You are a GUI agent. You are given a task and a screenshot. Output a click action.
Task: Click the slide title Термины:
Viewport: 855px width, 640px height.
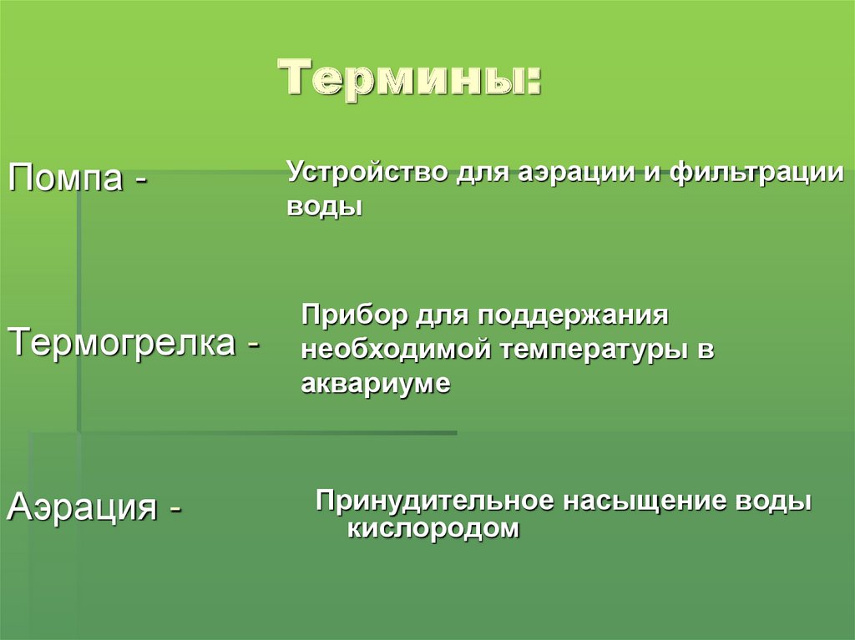(410, 79)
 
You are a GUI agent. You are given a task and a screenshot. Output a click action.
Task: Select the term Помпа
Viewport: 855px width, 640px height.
(63, 177)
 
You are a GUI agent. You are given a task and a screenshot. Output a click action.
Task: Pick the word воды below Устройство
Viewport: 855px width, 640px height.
(324, 206)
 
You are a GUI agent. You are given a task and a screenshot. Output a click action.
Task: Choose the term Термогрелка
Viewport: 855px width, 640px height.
(120, 342)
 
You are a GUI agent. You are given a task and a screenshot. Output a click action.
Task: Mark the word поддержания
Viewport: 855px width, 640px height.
(574, 316)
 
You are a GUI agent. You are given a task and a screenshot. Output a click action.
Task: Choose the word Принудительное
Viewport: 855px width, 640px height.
(433, 501)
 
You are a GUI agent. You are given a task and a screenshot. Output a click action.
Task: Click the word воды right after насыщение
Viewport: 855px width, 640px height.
(772, 501)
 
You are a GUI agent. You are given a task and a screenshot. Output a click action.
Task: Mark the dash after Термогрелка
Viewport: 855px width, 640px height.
(251, 344)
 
